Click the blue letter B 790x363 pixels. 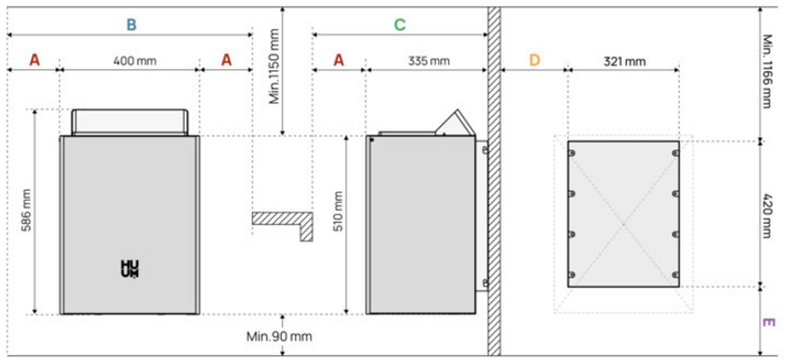click(131, 24)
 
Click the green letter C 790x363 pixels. click(400, 24)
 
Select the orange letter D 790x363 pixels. click(535, 61)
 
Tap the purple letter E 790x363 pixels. click(769, 322)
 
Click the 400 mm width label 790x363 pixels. click(135, 61)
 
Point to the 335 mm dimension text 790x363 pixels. click(429, 61)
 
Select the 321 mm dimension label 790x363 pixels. click(625, 62)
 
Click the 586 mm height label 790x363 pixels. click(26, 210)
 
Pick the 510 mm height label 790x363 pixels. click(338, 211)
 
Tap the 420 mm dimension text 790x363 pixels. click(768, 215)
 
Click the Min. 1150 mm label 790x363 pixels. click(274, 67)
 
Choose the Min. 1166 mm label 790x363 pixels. click(768, 71)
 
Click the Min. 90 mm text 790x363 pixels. click(279, 337)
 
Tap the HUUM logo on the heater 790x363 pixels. click(130, 269)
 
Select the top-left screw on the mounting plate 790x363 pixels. click(571, 153)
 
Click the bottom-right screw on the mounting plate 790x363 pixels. click(675, 275)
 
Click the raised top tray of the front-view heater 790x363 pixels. click(130, 122)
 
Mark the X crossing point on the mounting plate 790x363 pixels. click(623, 225)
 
